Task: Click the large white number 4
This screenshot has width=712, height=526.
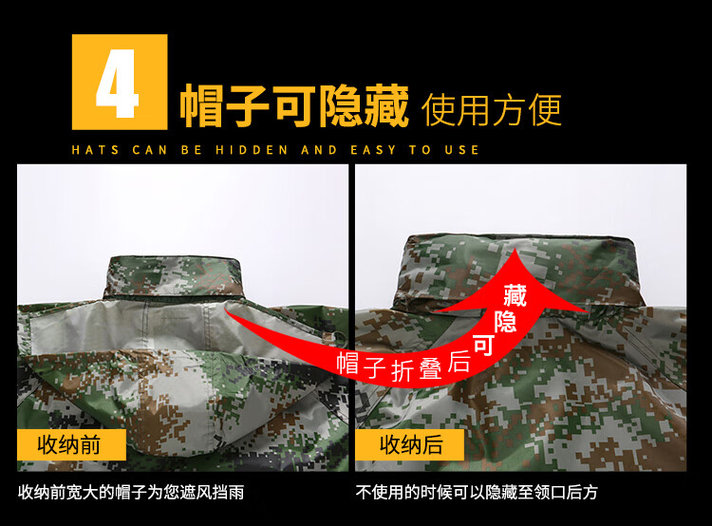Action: click(x=117, y=84)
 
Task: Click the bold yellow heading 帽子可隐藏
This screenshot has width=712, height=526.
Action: click(x=294, y=105)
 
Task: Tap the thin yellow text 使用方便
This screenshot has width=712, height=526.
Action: click(x=492, y=109)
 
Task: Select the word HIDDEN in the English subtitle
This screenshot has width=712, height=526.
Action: click(x=252, y=150)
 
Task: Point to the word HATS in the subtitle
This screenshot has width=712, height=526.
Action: click(x=95, y=150)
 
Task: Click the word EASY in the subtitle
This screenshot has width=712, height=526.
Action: click(x=373, y=150)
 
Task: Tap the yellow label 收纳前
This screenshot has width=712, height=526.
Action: click(x=69, y=444)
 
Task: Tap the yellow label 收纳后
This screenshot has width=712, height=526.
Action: click(x=411, y=444)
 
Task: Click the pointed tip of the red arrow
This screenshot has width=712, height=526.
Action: click(x=514, y=249)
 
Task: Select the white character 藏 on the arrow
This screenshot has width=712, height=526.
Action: click(x=515, y=295)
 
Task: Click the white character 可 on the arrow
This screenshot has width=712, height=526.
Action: click(x=483, y=347)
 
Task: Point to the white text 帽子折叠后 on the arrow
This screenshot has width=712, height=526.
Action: click(x=403, y=366)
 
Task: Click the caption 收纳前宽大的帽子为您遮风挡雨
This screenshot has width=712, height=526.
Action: click(x=131, y=493)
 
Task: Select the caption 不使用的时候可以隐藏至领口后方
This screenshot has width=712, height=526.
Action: click(x=477, y=493)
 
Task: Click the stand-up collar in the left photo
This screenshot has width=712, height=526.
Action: click(x=174, y=276)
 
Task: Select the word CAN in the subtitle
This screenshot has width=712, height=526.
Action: click(x=149, y=150)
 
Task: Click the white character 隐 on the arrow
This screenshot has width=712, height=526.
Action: click(x=505, y=322)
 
